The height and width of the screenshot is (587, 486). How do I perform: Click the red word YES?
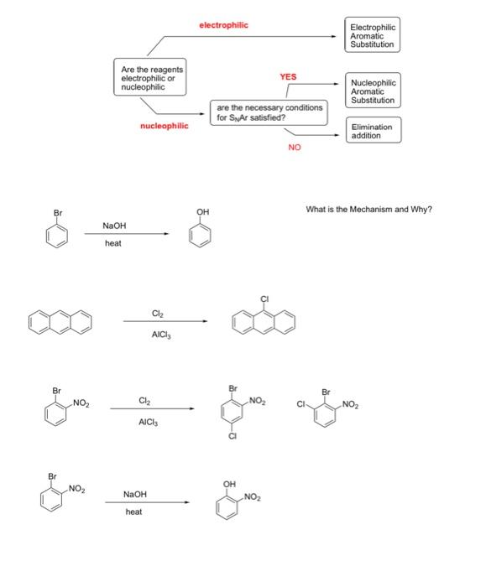[288, 76]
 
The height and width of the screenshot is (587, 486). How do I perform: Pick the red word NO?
[294, 148]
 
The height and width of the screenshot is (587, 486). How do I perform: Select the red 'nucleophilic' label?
[165, 127]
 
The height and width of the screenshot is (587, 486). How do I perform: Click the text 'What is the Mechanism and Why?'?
[369, 209]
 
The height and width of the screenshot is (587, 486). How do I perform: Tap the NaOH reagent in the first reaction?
[114, 226]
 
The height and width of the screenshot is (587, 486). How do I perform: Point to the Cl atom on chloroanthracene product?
[264, 299]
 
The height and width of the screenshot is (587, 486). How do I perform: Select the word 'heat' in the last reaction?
[133, 511]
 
